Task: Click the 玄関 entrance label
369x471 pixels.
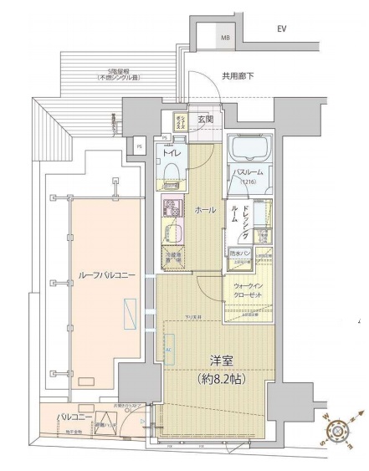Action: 205,120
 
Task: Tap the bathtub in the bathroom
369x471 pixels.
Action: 249,151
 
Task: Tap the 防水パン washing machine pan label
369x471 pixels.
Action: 238,252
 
